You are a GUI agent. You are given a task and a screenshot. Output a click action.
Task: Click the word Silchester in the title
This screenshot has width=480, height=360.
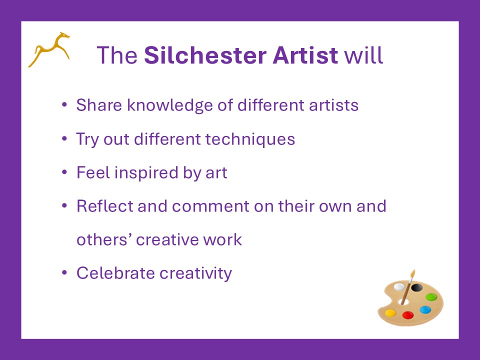click(x=205, y=55)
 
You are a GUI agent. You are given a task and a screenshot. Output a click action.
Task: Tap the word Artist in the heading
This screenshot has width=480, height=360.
click(x=305, y=55)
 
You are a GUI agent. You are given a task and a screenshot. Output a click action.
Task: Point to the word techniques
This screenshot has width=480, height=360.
click(x=250, y=139)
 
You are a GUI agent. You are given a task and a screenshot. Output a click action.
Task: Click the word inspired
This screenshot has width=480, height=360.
click(x=146, y=172)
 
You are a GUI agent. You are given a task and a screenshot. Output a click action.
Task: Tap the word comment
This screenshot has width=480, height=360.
click(x=210, y=206)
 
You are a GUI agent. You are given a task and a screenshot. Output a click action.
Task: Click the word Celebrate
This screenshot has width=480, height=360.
click(x=115, y=273)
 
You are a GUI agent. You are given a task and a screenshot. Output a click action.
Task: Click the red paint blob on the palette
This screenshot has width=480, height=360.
click(x=408, y=315)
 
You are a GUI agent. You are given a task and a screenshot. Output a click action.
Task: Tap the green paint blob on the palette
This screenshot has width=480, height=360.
click(x=431, y=296)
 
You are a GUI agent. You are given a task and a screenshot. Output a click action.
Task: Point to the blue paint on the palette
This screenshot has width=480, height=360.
click(x=425, y=310)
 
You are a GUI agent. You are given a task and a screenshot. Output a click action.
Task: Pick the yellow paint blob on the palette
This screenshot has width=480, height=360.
click(x=390, y=313)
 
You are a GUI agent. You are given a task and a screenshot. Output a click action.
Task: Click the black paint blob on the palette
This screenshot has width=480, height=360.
click(x=416, y=287)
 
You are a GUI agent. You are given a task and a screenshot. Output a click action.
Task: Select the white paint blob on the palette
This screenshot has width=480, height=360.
click(x=399, y=287)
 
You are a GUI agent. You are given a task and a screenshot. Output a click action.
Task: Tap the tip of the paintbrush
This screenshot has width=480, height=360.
click(x=413, y=270)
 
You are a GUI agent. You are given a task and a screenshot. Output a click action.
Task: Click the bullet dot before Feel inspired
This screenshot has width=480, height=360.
click(x=64, y=172)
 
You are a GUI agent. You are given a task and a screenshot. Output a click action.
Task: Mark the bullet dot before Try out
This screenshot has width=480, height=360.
click(x=64, y=138)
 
